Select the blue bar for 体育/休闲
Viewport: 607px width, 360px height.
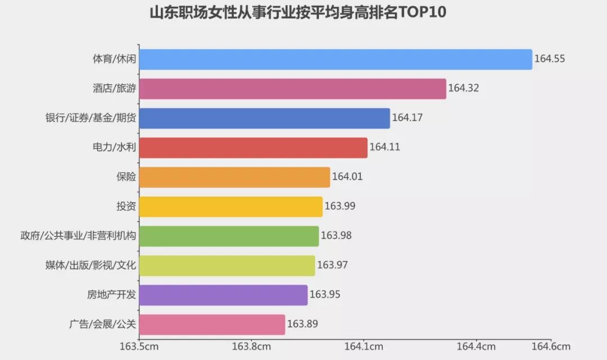pyautogui.click(x=335, y=60)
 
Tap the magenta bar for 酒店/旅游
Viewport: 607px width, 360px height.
pyautogui.click(x=292, y=89)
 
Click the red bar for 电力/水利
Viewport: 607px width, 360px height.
pyautogui.click(x=253, y=148)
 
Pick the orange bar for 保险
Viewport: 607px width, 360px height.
pyautogui.click(x=234, y=177)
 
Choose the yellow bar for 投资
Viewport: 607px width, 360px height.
pyautogui.click(x=230, y=207)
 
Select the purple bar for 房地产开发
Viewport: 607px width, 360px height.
pyautogui.click(x=223, y=295)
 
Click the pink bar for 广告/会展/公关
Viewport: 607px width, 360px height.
pyautogui.click(x=212, y=325)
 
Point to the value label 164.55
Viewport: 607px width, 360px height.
pyautogui.click(x=549, y=59)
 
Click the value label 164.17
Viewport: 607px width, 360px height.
pyautogui.click(x=407, y=118)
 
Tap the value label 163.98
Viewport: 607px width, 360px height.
pyautogui.click(x=336, y=236)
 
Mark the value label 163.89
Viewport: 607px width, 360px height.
pyautogui.click(x=302, y=324)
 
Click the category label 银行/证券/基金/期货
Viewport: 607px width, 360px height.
pyautogui.click(x=90, y=118)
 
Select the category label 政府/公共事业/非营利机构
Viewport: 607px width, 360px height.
pyautogui.click(x=78, y=236)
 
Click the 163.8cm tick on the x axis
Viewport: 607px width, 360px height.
pyautogui.click(x=251, y=347)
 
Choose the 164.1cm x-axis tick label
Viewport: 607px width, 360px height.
pyautogui.click(x=364, y=347)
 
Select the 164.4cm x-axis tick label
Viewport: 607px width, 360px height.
pyautogui.click(x=476, y=347)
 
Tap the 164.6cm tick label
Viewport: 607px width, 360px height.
pyautogui.click(x=551, y=347)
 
